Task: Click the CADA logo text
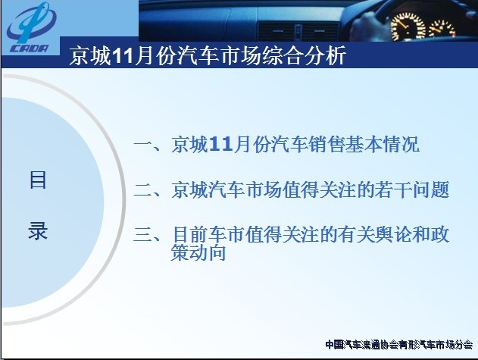click(30, 49)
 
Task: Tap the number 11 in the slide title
click(123, 56)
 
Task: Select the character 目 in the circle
click(38, 180)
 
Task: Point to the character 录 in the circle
click(38, 230)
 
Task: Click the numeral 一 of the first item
click(143, 144)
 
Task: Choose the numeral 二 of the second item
click(143, 189)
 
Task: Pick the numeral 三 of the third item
click(143, 235)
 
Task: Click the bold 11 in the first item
click(221, 144)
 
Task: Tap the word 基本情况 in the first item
click(383, 144)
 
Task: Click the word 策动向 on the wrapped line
click(198, 252)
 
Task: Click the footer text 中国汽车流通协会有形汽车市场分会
click(399, 345)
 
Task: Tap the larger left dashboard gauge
click(408, 26)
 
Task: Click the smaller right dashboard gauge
click(442, 29)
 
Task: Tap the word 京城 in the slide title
click(91, 56)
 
